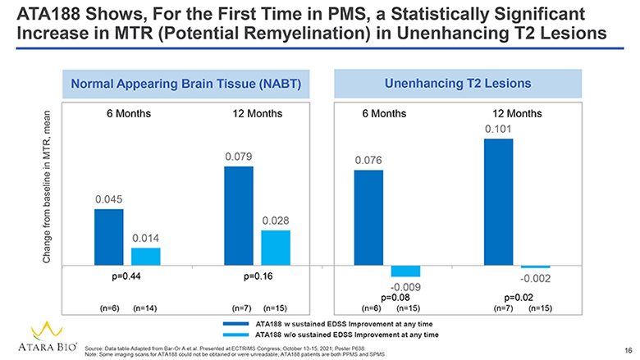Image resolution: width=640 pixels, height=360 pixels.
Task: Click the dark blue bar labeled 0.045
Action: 108,237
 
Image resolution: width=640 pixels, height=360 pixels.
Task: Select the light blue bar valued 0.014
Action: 146,256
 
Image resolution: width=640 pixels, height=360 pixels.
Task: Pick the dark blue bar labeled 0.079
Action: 239,216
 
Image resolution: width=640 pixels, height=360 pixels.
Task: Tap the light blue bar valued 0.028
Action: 276,248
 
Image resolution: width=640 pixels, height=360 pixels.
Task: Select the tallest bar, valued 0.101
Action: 498,202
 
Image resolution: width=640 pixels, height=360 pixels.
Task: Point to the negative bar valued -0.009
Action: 405,271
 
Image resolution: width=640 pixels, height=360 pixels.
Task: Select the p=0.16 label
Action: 258,276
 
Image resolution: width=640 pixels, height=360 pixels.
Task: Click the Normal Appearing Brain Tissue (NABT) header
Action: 192,83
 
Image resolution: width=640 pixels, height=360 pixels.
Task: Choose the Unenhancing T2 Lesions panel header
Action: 457,83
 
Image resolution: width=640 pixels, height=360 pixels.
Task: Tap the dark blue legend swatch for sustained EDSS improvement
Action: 236,324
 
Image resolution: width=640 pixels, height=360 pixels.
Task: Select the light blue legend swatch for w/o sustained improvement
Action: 236,335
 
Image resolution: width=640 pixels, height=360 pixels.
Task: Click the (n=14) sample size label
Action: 144,308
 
